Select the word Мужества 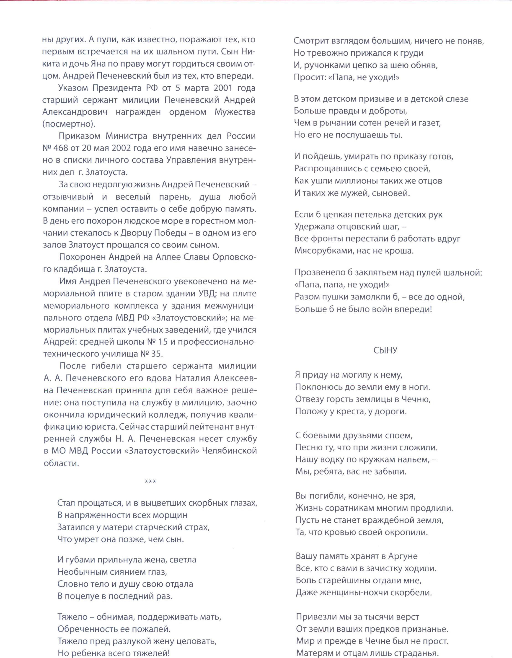[x=235, y=112]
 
